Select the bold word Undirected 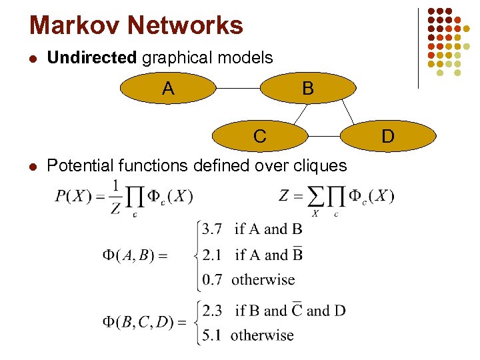[92, 58]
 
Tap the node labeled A [168, 89]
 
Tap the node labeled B [307, 89]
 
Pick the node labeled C [260, 137]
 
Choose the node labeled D [387, 137]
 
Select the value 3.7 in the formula [212, 229]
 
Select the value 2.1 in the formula [212, 255]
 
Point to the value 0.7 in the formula [212, 279]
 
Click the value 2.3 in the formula [213, 311]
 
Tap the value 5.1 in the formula [212, 335]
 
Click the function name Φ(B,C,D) [134, 323]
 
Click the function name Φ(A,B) [127, 255]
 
